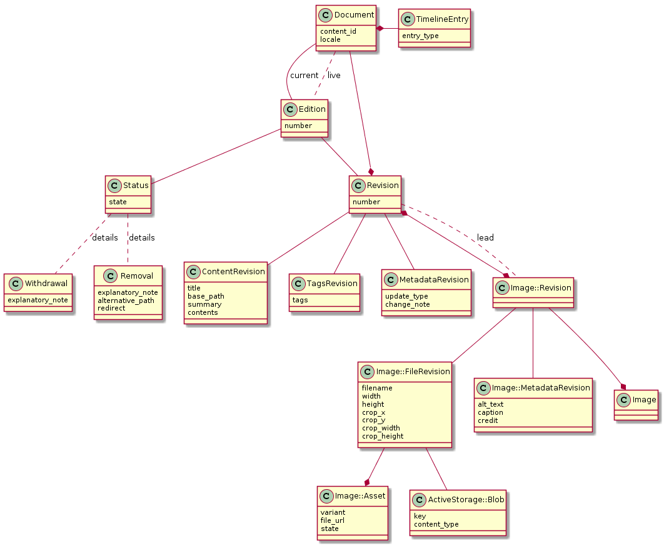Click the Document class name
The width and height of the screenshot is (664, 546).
(x=354, y=14)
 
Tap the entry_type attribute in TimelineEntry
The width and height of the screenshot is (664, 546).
(x=420, y=36)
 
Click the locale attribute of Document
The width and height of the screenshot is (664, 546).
(x=330, y=39)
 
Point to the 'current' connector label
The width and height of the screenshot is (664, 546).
(x=304, y=76)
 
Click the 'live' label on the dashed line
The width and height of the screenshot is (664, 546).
(x=334, y=76)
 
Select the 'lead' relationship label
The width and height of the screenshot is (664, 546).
(x=485, y=238)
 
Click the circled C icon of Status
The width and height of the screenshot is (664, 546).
(x=114, y=185)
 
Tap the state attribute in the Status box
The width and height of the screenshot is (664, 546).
(x=118, y=202)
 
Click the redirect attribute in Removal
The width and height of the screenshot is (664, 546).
(x=111, y=309)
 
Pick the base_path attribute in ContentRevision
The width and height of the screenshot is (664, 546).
(x=206, y=296)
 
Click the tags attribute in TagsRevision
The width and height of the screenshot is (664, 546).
(x=301, y=300)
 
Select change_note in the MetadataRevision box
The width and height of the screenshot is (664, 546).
(x=407, y=304)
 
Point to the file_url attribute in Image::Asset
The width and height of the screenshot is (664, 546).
(x=333, y=520)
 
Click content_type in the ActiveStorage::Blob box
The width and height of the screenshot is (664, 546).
(x=436, y=524)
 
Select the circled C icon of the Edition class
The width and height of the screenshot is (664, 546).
(x=290, y=109)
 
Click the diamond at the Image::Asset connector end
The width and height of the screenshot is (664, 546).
(x=367, y=482)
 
